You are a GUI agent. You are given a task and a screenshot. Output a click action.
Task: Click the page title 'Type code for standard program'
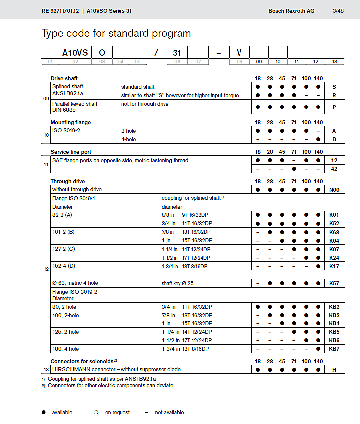[116, 34]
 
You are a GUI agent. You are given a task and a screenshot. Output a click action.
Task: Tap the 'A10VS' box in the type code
[75, 52]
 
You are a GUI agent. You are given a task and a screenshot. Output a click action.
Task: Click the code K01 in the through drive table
[334, 215]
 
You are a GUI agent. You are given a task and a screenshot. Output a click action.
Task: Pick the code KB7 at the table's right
[334, 349]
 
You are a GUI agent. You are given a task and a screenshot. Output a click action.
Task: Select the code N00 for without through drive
[334, 190]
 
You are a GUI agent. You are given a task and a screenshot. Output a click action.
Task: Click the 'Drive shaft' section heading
[64, 78]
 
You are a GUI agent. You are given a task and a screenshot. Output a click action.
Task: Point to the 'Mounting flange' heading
[71, 122]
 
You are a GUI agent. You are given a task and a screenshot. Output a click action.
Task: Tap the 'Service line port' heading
[71, 152]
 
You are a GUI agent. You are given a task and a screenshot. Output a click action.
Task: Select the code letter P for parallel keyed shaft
[334, 106]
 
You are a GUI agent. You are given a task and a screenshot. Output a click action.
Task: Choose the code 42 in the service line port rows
[334, 169]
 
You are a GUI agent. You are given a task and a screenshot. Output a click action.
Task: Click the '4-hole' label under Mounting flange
[128, 139]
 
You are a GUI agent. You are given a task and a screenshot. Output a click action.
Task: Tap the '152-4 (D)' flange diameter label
[63, 266]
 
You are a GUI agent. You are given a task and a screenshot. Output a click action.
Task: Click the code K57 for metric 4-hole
[334, 283]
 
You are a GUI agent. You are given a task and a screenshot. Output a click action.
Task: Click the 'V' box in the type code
[239, 52]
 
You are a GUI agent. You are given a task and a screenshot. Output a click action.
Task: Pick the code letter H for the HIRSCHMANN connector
[334, 369]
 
